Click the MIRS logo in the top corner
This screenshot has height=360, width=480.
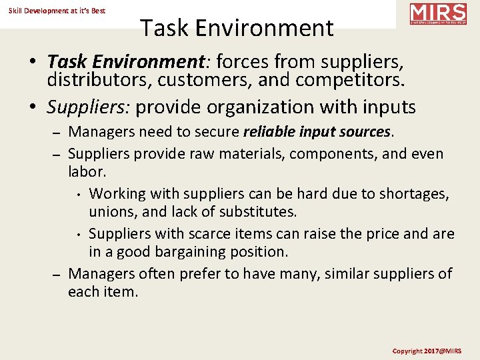[438, 14]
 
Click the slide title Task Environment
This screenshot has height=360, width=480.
[237, 28]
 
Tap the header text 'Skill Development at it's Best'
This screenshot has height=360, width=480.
[57, 11]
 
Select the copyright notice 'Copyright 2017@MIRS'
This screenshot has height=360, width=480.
[426, 351]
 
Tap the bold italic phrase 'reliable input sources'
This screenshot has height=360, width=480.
[317, 132]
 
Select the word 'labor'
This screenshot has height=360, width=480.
[85, 171]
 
